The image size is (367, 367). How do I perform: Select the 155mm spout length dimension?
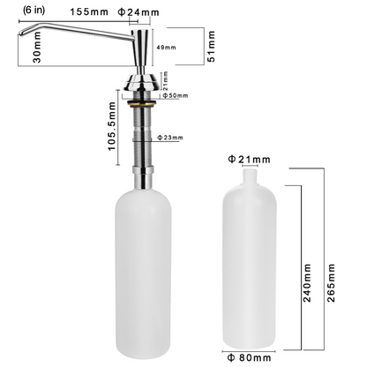[x=89, y=12]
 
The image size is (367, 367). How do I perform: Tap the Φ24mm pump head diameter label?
[x=146, y=12]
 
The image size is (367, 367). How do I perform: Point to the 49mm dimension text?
[x=164, y=46]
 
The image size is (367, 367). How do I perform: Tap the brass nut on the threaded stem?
[x=140, y=104]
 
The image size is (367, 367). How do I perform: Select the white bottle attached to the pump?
[x=141, y=273]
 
